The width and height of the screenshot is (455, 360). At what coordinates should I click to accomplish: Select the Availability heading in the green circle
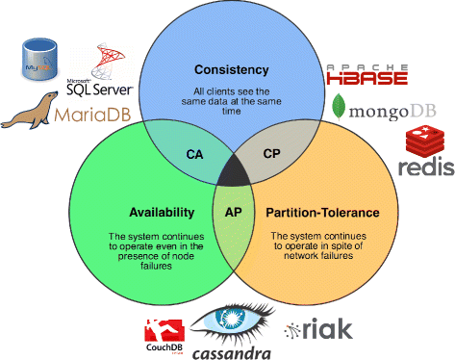163,212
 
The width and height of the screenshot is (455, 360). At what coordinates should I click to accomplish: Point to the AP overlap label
232,212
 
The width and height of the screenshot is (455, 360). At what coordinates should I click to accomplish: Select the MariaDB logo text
80,116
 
